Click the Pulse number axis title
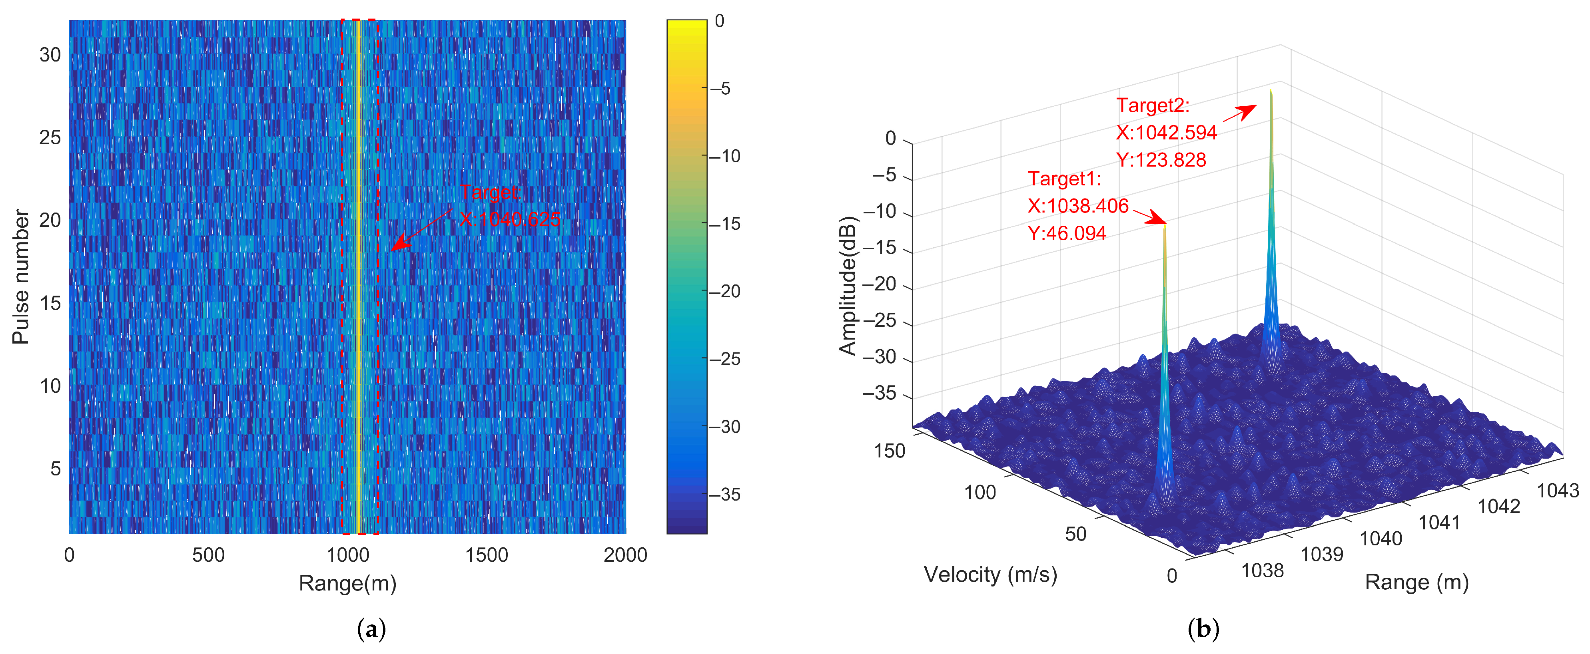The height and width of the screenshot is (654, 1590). click(20, 276)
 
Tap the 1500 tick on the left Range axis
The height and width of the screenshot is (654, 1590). click(487, 555)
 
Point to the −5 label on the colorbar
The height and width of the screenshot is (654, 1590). click(720, 89)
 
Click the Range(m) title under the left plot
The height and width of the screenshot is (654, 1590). click(347, 583)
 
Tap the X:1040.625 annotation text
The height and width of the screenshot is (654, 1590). click(510, 219)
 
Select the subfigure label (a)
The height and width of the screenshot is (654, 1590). click(371, 629)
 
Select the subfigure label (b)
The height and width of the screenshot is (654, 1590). click(1203, 629)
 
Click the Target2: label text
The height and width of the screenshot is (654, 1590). click(1152, 105)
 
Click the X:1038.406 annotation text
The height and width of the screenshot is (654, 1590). click(1078, 206)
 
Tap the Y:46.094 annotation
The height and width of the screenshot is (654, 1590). click(1067, 233)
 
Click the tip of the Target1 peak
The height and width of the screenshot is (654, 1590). click(1165, 226)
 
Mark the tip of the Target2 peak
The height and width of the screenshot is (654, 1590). click(1271, 91)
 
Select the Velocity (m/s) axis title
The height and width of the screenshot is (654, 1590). click(990, 574)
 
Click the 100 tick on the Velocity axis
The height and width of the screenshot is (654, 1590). click(980, 492)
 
